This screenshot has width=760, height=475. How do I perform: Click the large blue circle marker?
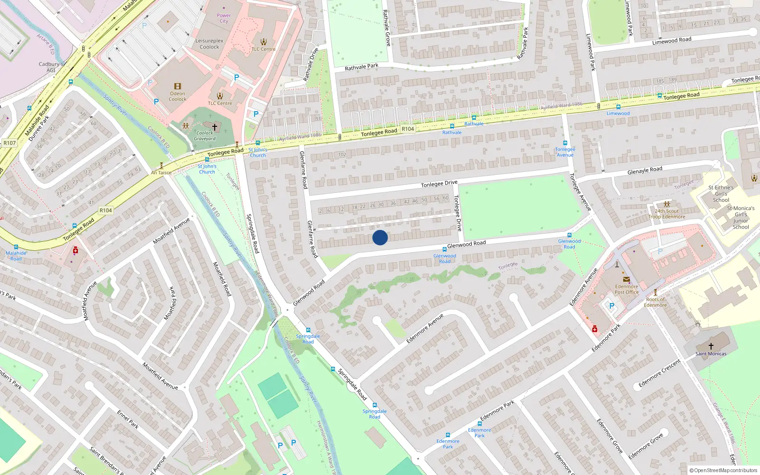[380, 237]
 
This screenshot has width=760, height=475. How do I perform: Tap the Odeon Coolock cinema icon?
[177, 86]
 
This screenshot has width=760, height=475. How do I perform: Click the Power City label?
[224, 18]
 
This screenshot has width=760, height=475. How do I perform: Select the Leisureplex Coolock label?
[209, 44]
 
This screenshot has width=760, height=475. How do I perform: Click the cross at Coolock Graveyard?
[215, 127]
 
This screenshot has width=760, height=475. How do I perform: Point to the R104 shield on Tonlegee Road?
[408, 129]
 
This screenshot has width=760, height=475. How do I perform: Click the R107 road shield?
[9, 142]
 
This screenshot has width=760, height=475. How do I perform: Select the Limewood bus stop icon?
[618, 107]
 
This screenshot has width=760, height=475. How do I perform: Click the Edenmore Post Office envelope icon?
[626, 279]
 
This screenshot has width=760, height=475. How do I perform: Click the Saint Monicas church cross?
[711, 346]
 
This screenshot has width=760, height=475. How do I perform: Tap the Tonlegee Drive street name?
[439, 184]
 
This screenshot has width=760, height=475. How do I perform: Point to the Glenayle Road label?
[645, 171]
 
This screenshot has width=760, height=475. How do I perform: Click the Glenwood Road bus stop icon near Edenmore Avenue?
[569, 236]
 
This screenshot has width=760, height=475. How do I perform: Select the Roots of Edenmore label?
[655, 302]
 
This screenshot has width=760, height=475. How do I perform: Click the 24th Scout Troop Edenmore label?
[667, 214]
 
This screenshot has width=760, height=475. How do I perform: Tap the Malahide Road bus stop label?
[16, 256]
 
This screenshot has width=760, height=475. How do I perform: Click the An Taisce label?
[161, 173]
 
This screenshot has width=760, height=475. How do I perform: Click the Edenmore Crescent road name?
[659, 373]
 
